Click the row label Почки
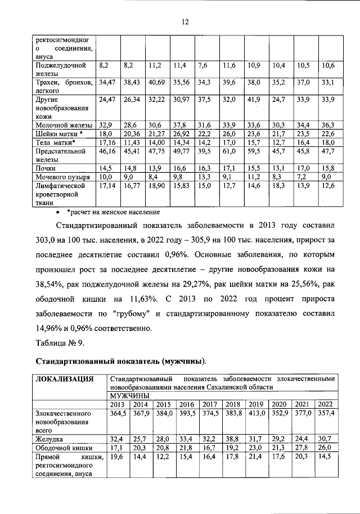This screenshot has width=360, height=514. [46, 168]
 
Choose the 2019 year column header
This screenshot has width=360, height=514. [256, 404]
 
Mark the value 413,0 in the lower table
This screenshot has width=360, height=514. [256, 414]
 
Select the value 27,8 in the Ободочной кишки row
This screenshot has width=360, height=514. [301, 447]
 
